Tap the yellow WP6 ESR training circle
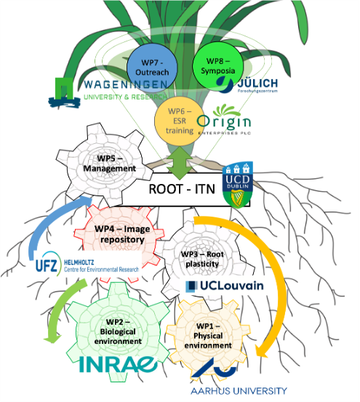pyautogui.click(x=179, y=120)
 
